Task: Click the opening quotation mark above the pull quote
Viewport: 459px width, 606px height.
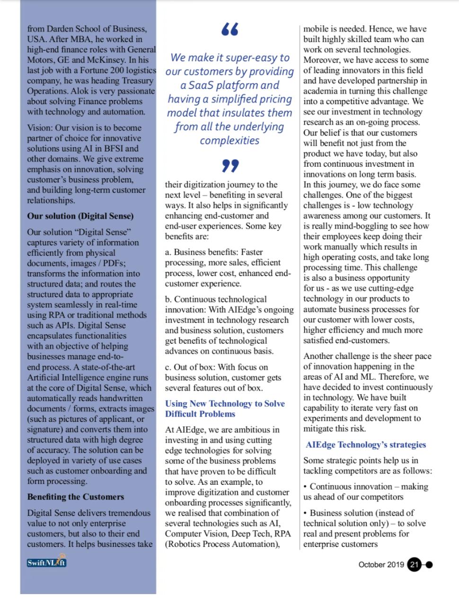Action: tap(230, 29)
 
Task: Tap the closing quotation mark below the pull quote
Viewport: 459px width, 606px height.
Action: tap(230, 166)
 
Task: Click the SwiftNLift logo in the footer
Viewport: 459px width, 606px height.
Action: tap(46, 561)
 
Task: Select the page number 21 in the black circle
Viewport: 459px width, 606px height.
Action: tap(415, 564)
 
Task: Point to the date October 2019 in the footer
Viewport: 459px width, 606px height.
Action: tap(381, 564)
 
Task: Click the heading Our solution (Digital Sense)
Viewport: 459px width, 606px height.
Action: tap(80, 216)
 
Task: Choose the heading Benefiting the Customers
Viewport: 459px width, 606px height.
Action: tap(76, 497)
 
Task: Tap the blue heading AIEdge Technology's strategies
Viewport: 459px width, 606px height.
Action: tap(366, 445)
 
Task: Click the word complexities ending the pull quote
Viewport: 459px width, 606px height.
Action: tap(229, 141)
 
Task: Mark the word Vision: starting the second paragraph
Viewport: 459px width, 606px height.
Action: tap(40, 128)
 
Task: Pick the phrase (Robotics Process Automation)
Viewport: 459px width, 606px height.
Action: tap(220, 544)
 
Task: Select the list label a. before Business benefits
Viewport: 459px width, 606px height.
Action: tap(168, 252)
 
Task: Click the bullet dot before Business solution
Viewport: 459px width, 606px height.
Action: tap(306, 513)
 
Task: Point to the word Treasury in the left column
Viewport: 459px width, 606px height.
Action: tap(134, 80)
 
